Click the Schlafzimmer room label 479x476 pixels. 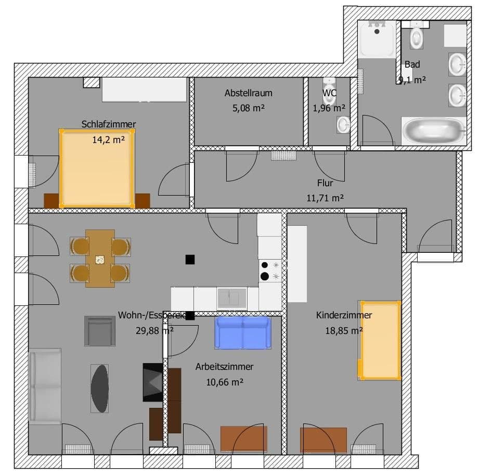pos(108,124)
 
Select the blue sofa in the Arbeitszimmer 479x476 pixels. pos(243,333)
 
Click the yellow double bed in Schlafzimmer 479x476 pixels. pos(97,168)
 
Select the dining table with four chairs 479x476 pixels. pos(100,259)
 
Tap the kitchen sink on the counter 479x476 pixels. pos(232,298)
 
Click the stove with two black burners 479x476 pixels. pos(270,271)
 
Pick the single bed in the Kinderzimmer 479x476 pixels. pos(380,340)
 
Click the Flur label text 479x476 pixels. pos(325,183)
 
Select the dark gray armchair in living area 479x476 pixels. pos(100,331)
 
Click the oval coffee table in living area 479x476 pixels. pos(100,388)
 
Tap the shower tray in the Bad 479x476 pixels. pos(378,38)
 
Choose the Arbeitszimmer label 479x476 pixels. pos(224,367)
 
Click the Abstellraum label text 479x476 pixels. pos(248,94)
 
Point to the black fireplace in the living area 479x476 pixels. pos(153,382)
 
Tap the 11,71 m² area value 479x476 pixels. pos(325,198)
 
